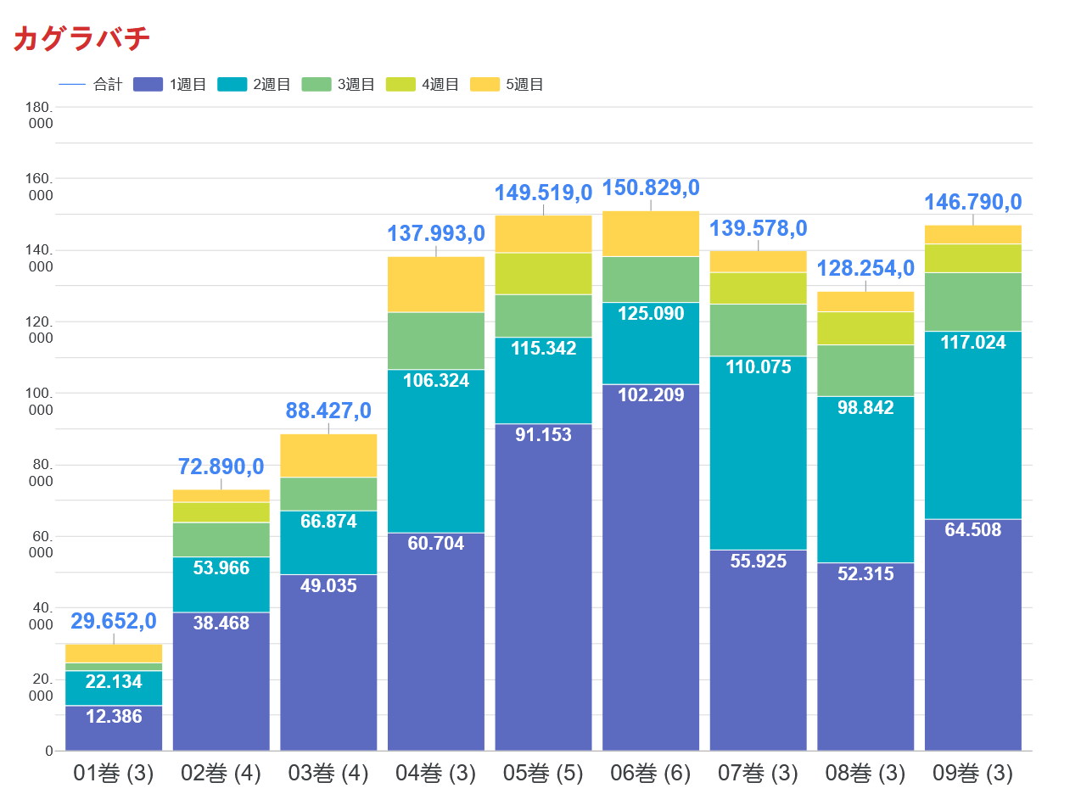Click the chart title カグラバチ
click(x=82, y=39)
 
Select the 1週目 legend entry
click(x=172, y=85)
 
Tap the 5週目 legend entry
click(x=509, y=85)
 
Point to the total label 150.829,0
click(x=651, y=187)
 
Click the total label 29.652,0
click(x=114, y=621)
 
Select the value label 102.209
click(x=651, y=394)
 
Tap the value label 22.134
click(x=114, y=682)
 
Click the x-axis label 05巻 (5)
click(x=543, y=774)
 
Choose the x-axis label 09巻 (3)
click(x=972, y=774)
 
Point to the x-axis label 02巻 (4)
click(x=221, y=774)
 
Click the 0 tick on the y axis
click(x=48, y=751)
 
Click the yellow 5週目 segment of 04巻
click(x=436, y=284)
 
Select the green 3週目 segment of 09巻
click(x=972, y=301)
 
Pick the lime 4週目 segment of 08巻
click(x=865, y=327)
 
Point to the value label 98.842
click(x=865, y=408)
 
